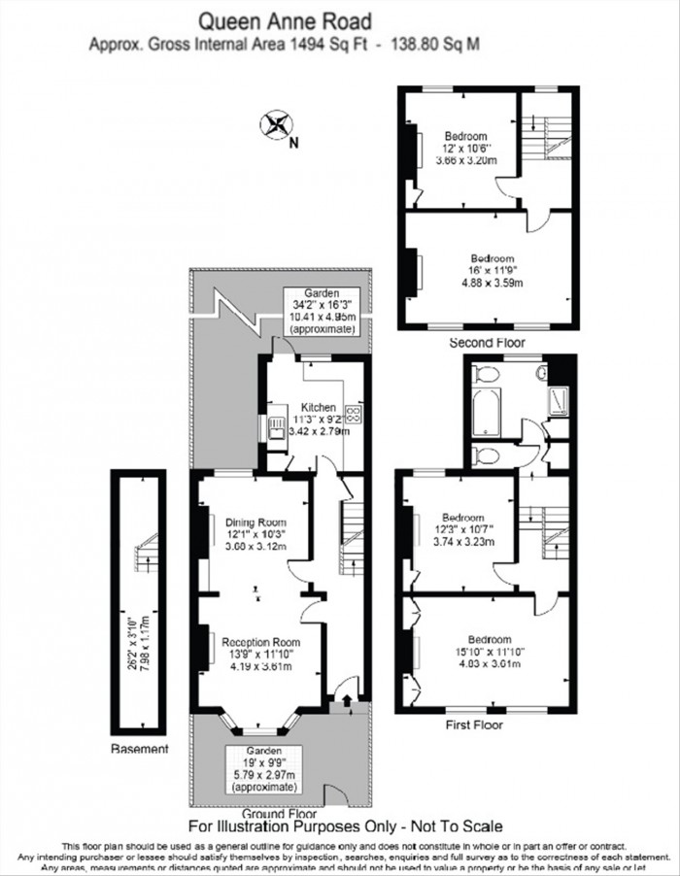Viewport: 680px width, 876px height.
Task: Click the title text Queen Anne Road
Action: tap(284, 19)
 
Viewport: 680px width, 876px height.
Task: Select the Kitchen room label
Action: tap(318, 407)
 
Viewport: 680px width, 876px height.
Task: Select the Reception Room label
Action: tap(260, 642)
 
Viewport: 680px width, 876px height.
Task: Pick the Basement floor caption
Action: tap(139, 749)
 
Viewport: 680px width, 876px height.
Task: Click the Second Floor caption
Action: tap(487, 343)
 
